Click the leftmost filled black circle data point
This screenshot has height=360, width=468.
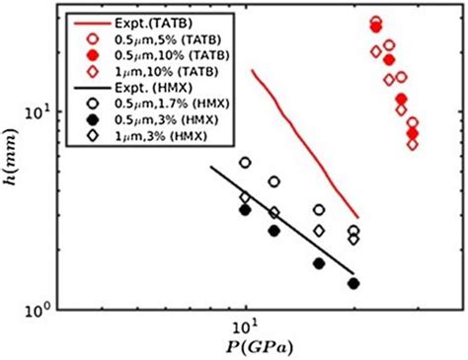[x=245, y=210]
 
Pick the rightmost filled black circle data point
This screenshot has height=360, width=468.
[x=353, y=283]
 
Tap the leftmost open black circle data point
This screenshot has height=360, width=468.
[x=245, y=163]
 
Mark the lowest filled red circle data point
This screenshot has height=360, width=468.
[x=413, y=133]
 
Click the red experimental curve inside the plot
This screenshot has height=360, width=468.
[x=306, y=148]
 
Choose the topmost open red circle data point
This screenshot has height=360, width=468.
[x=376, y=21]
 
